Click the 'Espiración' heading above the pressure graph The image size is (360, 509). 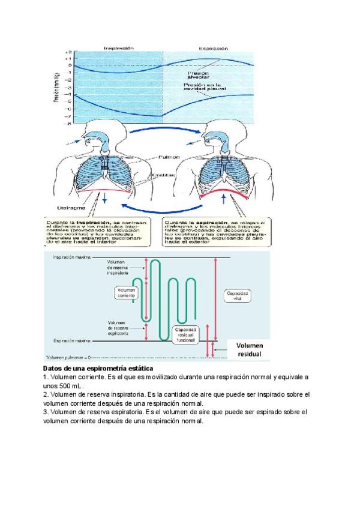tap(213, 47)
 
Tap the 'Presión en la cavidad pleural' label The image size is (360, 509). tap(206, 88)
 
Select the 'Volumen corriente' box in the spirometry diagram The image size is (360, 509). tap(126, 292)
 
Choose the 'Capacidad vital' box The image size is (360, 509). tap(237, 296)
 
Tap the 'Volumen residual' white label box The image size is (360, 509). tap(248, 349)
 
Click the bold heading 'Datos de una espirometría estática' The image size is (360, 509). tap(98, 367)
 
